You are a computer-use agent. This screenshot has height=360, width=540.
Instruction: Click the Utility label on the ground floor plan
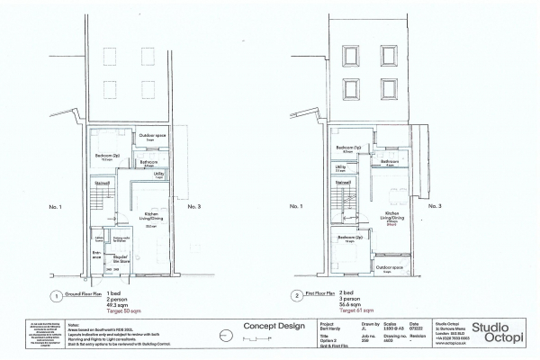pos(158,175)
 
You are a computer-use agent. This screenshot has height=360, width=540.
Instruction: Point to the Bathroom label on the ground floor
pos(149,162)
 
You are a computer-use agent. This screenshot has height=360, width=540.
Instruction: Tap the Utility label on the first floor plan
pos(341,166)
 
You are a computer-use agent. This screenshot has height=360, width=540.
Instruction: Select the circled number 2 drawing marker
pos(296,294)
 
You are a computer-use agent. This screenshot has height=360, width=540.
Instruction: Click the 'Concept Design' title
pos(267,326)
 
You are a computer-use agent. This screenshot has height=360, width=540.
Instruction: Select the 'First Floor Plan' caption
pos(323,293)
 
